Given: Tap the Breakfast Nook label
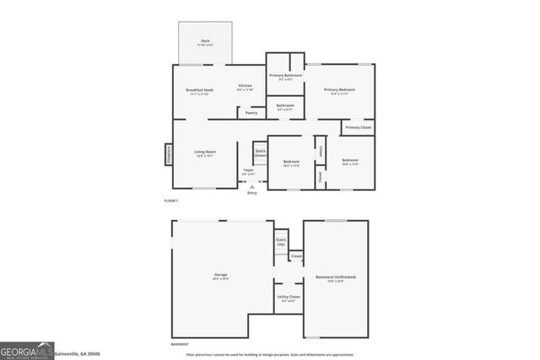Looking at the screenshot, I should pos(199,90).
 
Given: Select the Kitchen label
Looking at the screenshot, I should pos(245,86).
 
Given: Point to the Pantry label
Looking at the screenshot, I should pos(251,112).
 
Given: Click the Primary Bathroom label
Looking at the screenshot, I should pos(286,76).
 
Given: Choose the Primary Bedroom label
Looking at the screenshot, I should pos(339,89).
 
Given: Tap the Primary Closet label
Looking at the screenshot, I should pos(358,127).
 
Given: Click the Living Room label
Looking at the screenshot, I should pos(205,153).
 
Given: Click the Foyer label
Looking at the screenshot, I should pos(249,171).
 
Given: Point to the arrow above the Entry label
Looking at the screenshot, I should pos(251,186).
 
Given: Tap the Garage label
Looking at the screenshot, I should pos(220,275).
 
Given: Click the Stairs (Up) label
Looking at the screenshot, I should pos(280,241).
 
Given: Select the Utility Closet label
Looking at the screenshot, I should pos(289,297).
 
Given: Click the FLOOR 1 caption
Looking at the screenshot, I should pos(171,200).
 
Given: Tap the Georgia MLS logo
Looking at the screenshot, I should pos(26,350).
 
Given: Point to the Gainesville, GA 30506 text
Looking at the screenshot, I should pos(78,354).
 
